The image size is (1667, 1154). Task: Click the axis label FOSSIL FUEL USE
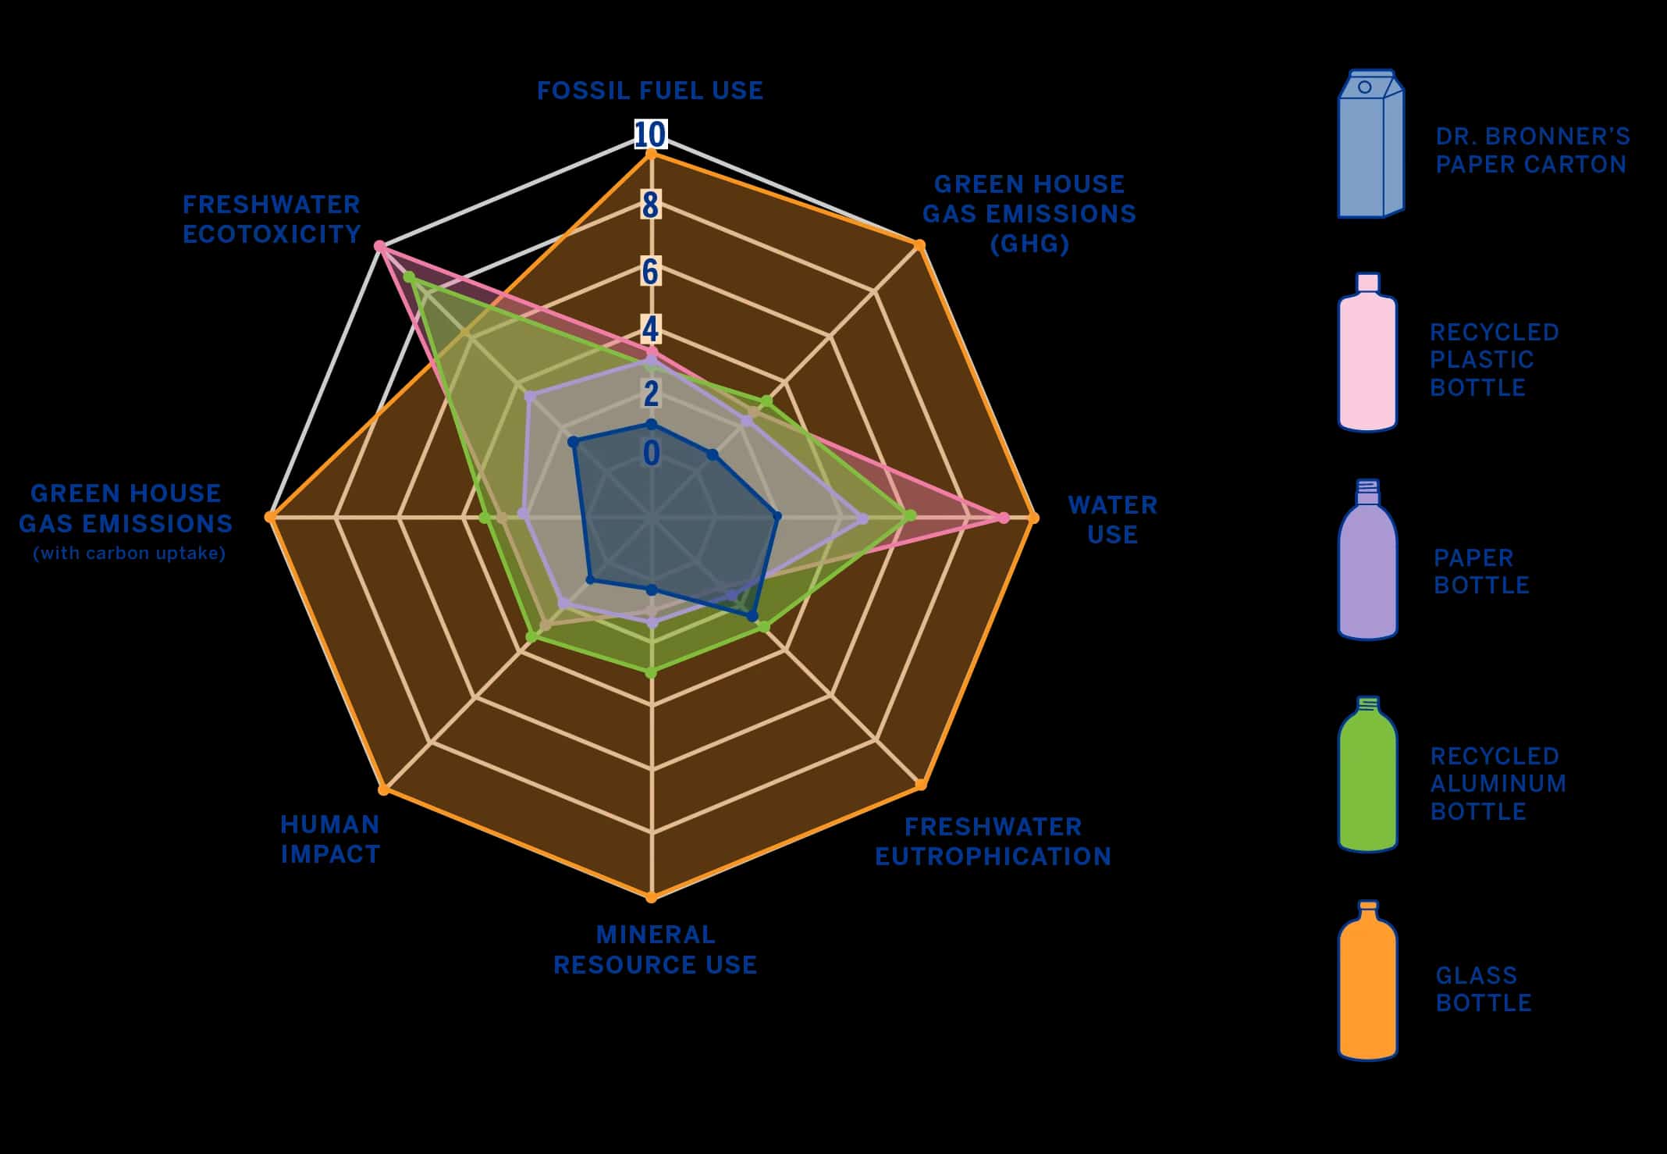[x=650, y=91]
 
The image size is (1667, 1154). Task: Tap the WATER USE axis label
[x=1112, y=520]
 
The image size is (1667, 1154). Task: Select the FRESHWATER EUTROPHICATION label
[x=993, y=842]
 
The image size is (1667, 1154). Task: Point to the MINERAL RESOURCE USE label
[x=655, y=949]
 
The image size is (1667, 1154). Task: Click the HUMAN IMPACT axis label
[x=330, y=839]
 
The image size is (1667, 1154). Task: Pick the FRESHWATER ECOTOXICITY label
[x=272, y=219]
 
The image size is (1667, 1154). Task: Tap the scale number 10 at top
[x=650, y=135]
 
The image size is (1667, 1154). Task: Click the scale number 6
[x=650, y=272]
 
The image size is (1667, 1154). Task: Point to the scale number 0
[x=651, y=454]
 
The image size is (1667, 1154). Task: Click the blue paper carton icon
[x=1370, y=144]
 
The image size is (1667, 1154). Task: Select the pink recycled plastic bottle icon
[x=1367, y=353]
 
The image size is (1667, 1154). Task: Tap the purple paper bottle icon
[x=1367, y=561]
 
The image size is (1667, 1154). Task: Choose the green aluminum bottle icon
[x=1367, y=775]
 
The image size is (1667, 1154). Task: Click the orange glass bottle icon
[x=1367, y=981]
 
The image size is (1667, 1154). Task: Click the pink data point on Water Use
[x=1004, y=518]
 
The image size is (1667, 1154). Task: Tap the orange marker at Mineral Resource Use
[x=652, y=898]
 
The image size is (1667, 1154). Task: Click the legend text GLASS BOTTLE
[x=1483, y=989]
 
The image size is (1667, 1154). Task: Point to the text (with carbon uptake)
[x=130, y=554]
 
